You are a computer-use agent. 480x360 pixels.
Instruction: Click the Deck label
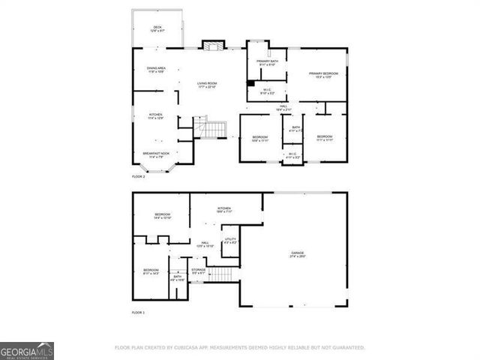(x=157, y=29)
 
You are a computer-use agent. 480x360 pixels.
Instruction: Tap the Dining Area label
(x=156, y=70)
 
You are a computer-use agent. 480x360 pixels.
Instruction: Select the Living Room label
(x=206, y=85)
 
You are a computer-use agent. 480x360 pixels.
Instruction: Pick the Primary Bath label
(x=267, y=63)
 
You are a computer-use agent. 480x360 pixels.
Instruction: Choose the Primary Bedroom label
(x=324, y=74)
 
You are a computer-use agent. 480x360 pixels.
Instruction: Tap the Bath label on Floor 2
(x=295, y=129)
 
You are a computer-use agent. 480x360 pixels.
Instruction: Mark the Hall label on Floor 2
(x=284, y=108)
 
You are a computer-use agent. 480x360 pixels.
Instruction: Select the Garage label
(x=298, y=255)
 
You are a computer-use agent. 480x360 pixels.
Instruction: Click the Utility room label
(x=230, y=241)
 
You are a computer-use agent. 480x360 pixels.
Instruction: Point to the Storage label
(x=198, y=271)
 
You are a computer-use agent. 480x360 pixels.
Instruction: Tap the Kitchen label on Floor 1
(x=223, y=209)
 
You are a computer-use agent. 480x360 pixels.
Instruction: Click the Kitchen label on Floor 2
(x=155, y=116)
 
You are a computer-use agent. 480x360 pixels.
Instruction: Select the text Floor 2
(x=138, y=176)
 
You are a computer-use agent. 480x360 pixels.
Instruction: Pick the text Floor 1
(x=138, y=312)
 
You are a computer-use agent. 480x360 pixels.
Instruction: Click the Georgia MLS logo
(x=26, y=350)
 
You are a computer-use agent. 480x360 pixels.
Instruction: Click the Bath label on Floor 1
(x=178, y=277)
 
